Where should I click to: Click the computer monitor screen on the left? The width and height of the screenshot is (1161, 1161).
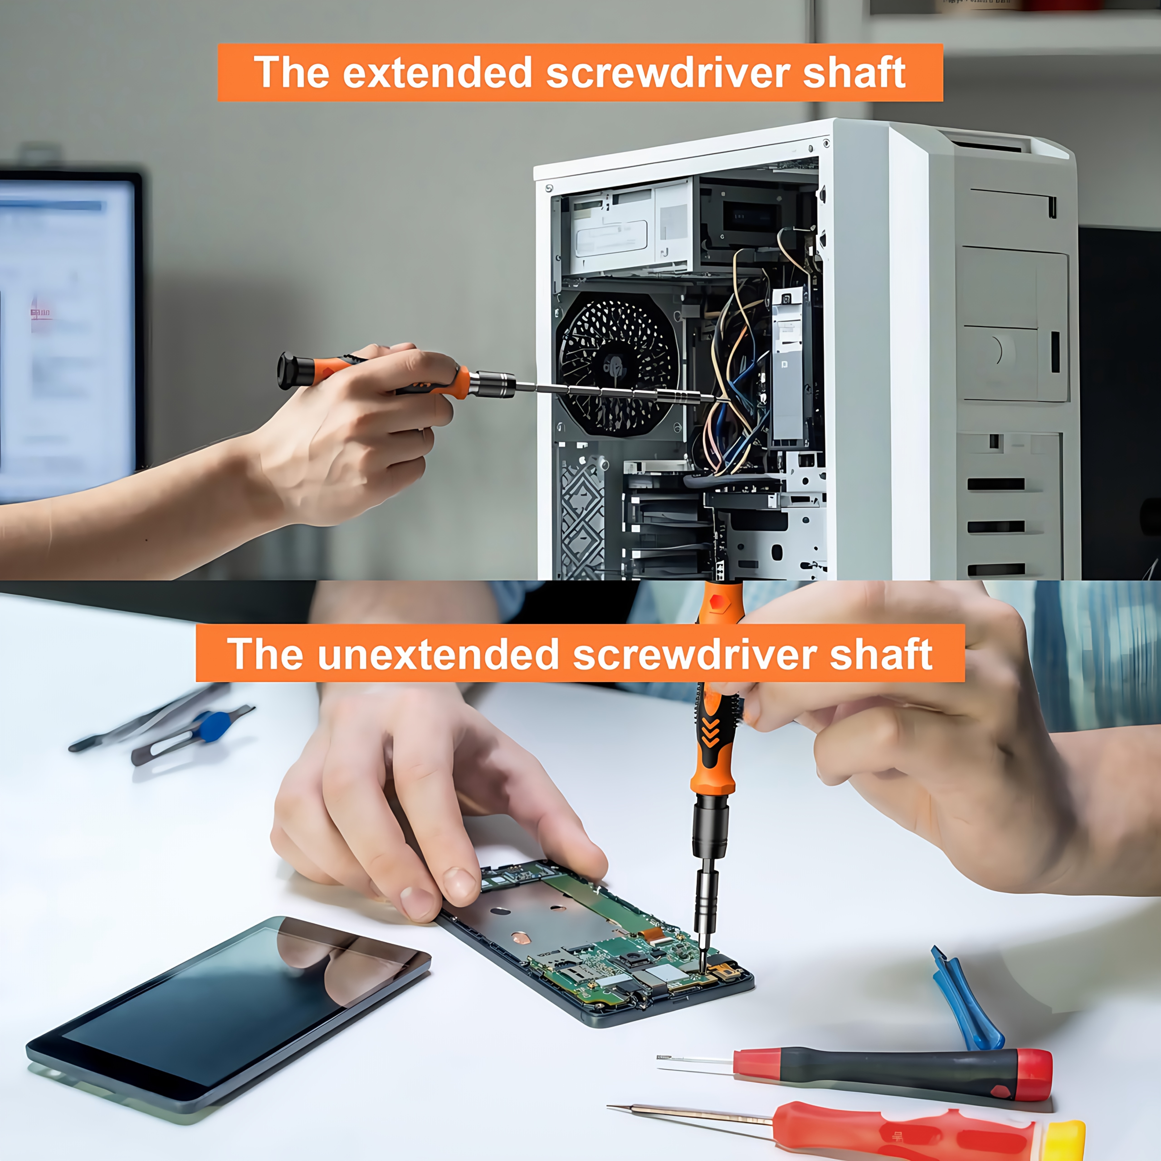(x=66, y=337)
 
